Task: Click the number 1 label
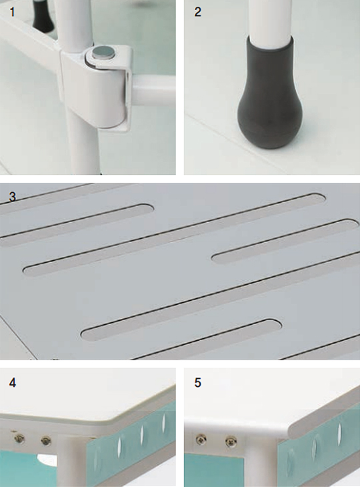point(12,12)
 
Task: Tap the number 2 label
point(198,12)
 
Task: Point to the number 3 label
point(13,197)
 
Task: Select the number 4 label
point(13,383)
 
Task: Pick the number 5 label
point(198,383)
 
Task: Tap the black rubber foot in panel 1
point(43,16)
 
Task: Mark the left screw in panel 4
point(19,438)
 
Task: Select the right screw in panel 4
point(46,440)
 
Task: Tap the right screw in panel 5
point(231,441)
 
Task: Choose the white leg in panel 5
point(260,460)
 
